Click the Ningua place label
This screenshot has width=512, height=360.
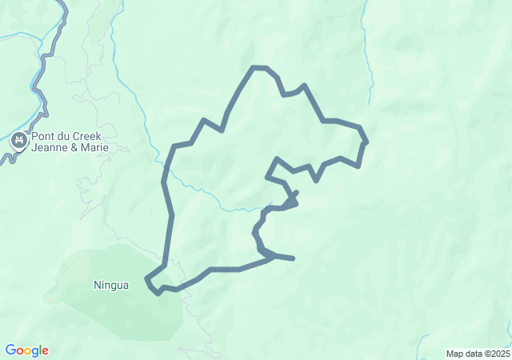tap(110, 285)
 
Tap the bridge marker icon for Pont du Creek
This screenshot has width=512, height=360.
tap(18, 142)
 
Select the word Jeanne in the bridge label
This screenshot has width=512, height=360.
tap(50, 148)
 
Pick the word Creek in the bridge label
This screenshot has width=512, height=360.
tap(97, 137)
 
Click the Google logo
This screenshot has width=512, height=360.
tap(26, 350)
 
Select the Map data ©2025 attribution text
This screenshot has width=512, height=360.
tap(477, 354)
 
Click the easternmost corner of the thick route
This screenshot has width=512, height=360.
tap(366, 142)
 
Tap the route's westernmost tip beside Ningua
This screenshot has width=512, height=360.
tap(146, 279)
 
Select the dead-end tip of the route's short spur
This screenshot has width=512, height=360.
tap(294, 258)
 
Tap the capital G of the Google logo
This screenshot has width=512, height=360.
tap(10, 350)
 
